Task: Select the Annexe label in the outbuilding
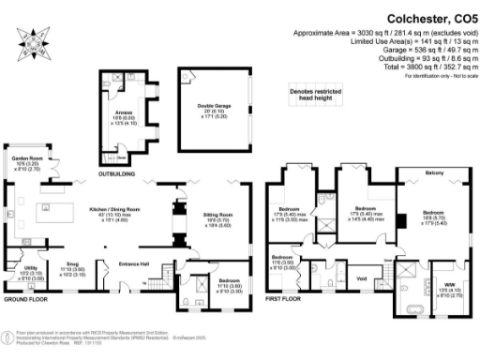point(125,113)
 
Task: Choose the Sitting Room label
point(218,217)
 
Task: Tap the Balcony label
point(434,173)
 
